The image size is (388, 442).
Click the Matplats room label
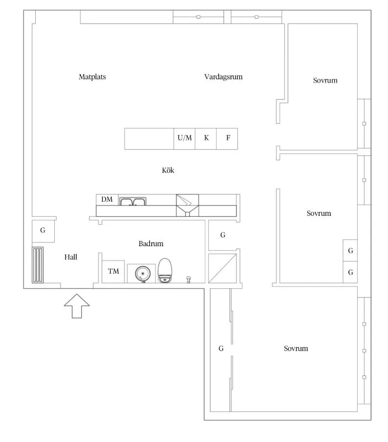92,77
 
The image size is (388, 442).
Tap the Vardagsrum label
223,77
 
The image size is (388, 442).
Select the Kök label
168,170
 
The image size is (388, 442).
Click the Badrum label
151,244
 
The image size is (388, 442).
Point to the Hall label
71,257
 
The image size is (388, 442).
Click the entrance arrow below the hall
77,306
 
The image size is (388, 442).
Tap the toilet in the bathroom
165,270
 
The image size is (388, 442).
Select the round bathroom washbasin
142,274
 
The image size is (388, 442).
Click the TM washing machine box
114,272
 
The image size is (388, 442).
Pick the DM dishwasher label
107,199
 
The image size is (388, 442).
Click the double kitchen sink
133,202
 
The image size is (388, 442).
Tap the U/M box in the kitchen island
184,139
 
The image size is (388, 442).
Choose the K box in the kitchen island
206,139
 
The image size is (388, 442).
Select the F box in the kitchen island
227,139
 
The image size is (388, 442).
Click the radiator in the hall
38,265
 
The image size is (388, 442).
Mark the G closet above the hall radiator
43,231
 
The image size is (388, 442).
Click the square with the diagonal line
223,268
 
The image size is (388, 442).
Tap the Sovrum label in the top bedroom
325,80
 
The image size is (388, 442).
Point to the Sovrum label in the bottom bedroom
296,349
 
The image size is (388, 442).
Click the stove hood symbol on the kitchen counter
187,206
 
